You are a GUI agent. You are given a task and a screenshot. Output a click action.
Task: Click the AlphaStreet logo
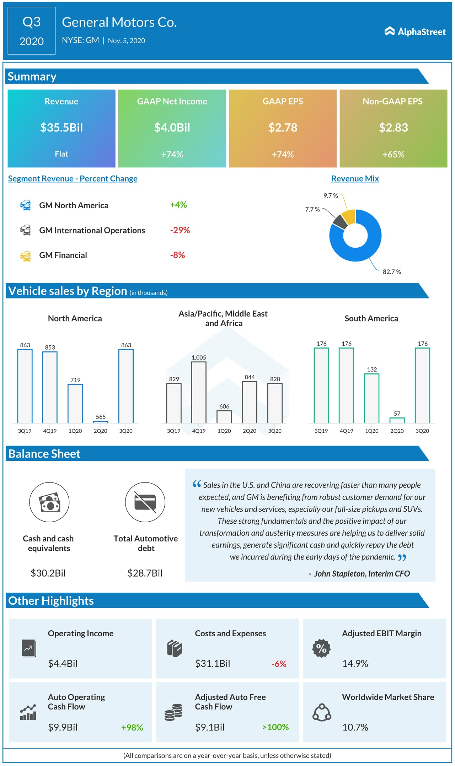point(415,32)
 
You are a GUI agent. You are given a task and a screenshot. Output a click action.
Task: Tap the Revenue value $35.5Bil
point(61,128)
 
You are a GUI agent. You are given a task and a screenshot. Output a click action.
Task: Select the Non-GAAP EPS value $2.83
point(393,128)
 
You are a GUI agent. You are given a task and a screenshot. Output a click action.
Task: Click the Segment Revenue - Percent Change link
point(73,179)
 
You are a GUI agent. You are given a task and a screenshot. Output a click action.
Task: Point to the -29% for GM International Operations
point(180,230)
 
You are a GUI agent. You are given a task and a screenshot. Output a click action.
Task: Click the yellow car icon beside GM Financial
point(26,256)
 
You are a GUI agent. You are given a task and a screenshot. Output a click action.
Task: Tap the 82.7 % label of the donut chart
point(391,272)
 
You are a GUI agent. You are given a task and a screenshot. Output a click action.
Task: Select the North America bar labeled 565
point(101,422)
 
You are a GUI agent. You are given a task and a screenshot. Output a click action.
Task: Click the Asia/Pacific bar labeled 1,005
point(199,392)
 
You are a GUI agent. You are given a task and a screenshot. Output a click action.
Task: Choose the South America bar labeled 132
point(371,398)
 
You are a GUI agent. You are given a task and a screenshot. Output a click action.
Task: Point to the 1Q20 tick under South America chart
point(371,431)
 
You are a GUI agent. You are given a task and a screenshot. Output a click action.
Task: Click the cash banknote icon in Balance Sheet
point(49,502)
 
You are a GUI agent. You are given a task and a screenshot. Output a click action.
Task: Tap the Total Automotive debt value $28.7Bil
point(145,573)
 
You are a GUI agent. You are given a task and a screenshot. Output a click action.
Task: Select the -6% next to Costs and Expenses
point(279,664)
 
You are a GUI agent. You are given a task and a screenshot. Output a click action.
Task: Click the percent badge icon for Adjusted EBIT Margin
point(321,648)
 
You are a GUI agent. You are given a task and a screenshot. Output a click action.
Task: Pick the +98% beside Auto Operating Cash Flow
point(132,727)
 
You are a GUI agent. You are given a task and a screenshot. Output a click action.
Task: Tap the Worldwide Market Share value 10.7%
point(355,727)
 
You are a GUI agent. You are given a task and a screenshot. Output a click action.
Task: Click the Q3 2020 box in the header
point(32,31)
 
